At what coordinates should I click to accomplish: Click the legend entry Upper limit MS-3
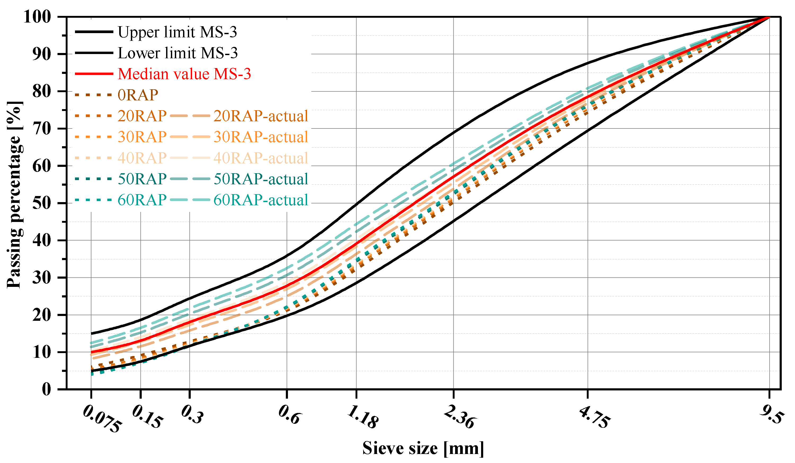click(x=177, y=32)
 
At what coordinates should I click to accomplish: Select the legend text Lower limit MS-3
click(x=177, y=53)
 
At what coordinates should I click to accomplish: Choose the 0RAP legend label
click(x=138, y=95)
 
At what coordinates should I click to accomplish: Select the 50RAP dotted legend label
click(x=142, y=179)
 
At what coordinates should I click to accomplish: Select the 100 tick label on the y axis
click(x=37, y=17)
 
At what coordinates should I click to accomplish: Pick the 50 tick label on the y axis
click(x=42, y=203)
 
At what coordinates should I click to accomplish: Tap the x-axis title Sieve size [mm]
click(x=423, y=448)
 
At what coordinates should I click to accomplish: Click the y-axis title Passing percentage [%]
click(x=14, y=195)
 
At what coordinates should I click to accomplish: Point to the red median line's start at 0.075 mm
click(x=91, y=352)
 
